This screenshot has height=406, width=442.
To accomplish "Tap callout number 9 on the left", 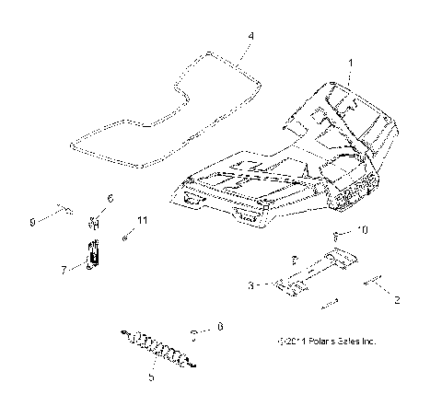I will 57,221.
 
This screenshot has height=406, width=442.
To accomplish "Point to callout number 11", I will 142,220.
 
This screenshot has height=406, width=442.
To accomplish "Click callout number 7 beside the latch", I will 64,270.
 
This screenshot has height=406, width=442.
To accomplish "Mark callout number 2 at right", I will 397,299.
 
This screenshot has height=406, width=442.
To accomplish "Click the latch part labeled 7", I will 92,252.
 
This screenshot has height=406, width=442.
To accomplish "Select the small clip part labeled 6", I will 94,221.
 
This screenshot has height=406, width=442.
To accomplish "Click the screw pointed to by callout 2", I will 376,283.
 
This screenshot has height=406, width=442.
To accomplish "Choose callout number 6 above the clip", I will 110,199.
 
